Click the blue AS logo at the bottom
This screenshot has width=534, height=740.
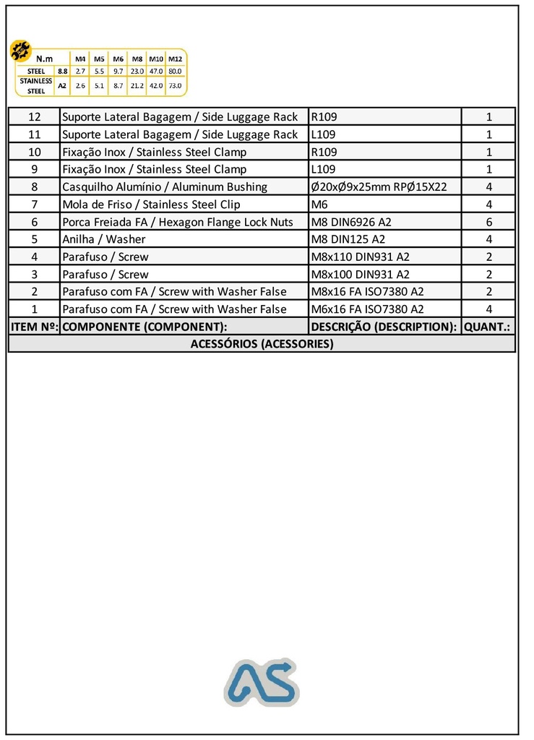click(261, 682)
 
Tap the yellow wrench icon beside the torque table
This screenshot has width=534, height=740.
click(20, 51)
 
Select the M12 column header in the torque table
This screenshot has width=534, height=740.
click(175, 58)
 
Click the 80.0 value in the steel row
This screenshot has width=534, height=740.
click(175, 72)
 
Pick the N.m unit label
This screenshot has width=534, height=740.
click(45, 58)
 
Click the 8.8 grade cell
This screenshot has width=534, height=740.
click(63, 72)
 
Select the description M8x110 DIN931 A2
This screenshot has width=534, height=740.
click(360, 257)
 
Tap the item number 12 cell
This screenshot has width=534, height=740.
click(34, 117)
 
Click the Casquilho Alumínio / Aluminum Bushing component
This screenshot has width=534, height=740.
click(165, 186)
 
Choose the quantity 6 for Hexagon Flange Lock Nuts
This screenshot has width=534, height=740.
click(489, 222)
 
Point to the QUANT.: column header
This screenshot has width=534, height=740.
click(488, 327)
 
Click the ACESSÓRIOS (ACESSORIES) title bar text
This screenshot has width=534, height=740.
click(262, 344)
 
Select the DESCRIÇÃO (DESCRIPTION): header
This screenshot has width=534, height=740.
click(384, 327)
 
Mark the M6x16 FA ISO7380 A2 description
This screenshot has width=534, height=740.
click(367, 309)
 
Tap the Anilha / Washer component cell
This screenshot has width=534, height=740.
click(103, 239)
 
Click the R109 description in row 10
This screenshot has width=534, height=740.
click(324, 152)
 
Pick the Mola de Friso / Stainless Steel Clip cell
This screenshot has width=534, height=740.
click(151, 205)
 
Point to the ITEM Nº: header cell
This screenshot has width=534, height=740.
click(34, 327)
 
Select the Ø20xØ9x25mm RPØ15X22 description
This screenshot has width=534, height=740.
click(379, 186)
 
